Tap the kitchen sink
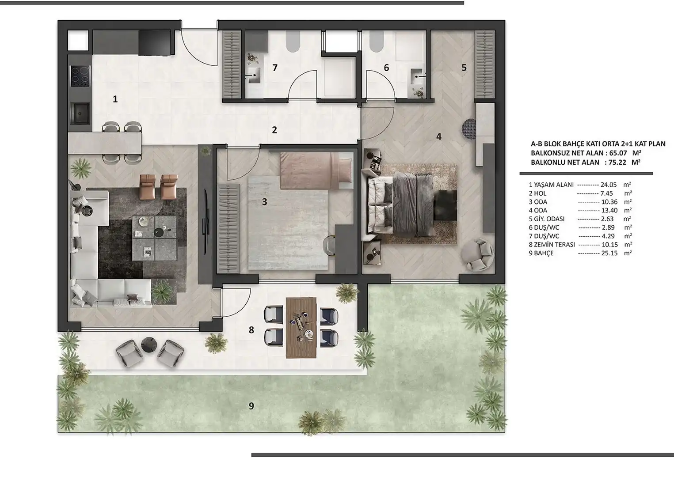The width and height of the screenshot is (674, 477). coord(80,114)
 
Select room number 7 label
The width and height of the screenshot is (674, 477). coord(275,68)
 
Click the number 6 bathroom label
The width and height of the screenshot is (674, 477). coord(386,68)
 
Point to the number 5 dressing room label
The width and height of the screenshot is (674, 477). coord(464,68)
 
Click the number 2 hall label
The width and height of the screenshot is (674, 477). coord(274,130)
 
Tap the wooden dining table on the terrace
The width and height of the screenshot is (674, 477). coord(301,328)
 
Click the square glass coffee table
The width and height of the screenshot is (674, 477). coord(154,238)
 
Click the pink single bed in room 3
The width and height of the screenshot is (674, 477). coord(316,171)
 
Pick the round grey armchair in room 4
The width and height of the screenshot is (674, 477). coord(477,254)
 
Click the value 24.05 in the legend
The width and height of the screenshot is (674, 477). coord(609,185)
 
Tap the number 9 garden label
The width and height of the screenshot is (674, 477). coord(251,406)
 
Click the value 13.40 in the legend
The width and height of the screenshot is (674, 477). coord(609,210)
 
